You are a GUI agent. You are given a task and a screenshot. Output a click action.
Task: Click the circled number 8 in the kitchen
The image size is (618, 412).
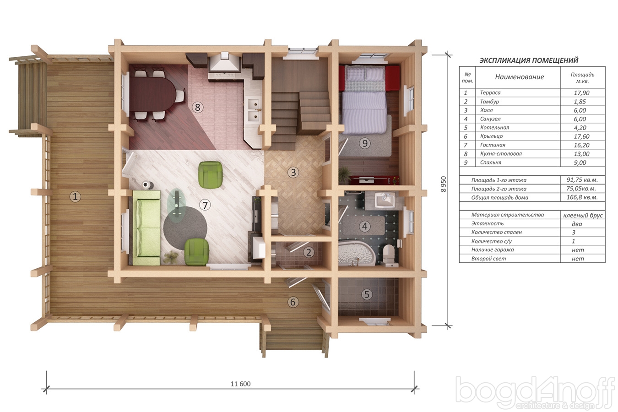click(198, 107)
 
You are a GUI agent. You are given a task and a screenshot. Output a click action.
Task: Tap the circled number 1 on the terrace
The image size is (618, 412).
click(75, 197)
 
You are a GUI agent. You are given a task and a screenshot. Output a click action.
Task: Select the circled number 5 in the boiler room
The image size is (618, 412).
click(367, 294)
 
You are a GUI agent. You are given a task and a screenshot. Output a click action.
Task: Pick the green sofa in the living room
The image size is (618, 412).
click(146, 228)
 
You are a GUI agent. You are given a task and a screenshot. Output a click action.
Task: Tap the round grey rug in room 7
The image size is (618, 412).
click(185, 228)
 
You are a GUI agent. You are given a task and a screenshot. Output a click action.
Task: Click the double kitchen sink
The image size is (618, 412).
click(254, 110)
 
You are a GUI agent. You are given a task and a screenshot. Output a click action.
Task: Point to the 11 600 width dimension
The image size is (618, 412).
click(241, 384)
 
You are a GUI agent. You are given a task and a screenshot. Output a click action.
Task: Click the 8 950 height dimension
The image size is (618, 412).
click(444, 184)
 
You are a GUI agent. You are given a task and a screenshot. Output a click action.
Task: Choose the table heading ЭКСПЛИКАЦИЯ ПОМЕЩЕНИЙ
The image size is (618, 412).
click(529, 60)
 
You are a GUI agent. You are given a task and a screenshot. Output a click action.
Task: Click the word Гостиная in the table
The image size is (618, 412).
click(493, 145)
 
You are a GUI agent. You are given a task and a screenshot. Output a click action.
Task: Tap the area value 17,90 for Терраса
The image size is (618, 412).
click(581, 93)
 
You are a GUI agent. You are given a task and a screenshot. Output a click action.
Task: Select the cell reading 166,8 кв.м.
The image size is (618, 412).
click(582, 198)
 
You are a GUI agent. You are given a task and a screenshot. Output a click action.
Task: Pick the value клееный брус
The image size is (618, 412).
click(583, 215)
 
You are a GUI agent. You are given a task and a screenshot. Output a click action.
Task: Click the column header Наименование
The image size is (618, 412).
click(519, 77)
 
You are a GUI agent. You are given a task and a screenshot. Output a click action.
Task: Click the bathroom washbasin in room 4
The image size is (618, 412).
click(385, 200)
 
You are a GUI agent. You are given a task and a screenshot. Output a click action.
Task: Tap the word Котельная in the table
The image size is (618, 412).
click(494, 127)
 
